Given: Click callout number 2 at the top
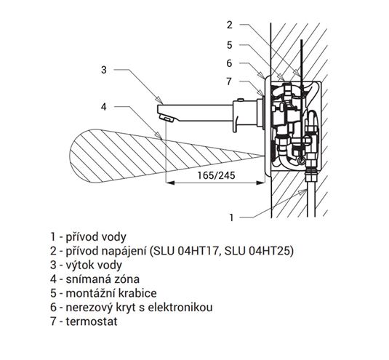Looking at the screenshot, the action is point(230,25).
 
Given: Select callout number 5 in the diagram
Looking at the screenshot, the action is point(230,45).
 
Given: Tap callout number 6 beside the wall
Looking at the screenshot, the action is point(230,63).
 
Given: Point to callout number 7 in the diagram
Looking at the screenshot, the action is point(230,81).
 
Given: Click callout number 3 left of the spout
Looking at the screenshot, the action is point(104,70).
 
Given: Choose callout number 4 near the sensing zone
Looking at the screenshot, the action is point(104,107).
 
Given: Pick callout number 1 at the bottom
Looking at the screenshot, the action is point(231,217).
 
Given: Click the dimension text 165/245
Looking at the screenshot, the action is point(216,175).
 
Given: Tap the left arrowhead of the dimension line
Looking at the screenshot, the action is point(170,183).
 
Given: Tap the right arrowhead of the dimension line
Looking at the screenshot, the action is point(260,183).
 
